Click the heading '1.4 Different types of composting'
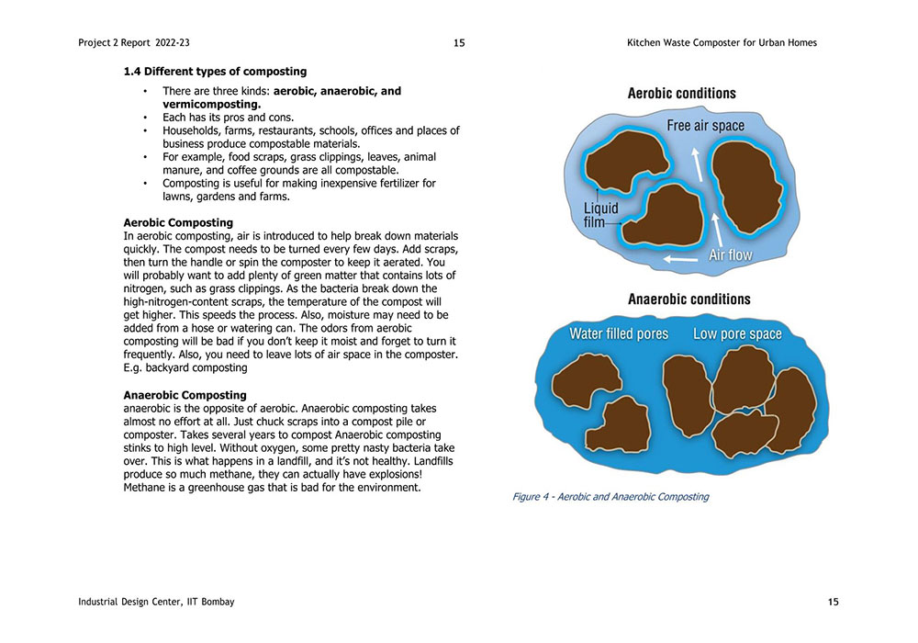215,71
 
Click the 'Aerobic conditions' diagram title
681,93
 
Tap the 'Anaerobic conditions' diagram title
688,299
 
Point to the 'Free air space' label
706,126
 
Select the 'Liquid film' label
601,215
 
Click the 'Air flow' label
730,254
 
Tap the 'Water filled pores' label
619,333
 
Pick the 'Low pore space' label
737,333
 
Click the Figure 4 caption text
610,497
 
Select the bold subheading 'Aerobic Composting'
178,222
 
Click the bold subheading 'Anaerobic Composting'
185,395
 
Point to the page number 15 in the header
459,42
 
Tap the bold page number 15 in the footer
833,602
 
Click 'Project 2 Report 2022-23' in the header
134,42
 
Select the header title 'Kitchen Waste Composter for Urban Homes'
722,42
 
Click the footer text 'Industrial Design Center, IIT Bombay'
156,602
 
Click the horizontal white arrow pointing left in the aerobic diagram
679,260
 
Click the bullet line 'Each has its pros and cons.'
228,118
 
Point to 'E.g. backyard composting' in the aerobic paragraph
185,367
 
